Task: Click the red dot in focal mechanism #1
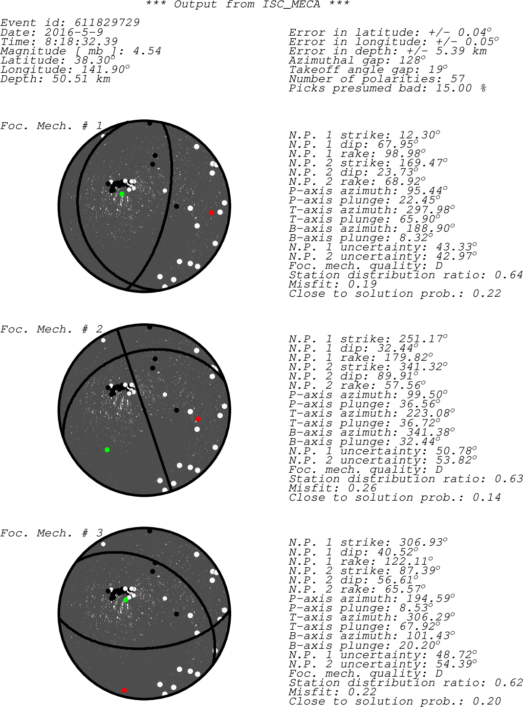pyautogui.click(x=211, y=213)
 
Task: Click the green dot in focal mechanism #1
pyautogui.click(x=122, y=194)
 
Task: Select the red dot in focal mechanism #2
pyautogui.click(x=198, y=419)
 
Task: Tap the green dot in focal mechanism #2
pyautogui.click(x=107, y=449)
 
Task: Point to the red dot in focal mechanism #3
pyautogui.click(x=124, y=690)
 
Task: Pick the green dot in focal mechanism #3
pyautogui.click(x=126, y=599)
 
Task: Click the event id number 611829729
pyautogui.click(x=107, y=22)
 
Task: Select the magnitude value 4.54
pyautogui.click(x=147, y=51)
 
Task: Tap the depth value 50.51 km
pyautogui.click(x=81, y=79)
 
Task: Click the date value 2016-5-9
pyautogui.click(x=74, y=32)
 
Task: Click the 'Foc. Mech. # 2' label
pyautogui.click(x=51, y=329)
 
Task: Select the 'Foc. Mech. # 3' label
pyautogui.click(x=51, y=533)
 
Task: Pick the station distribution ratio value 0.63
pyautogui.click(x=509, y=479)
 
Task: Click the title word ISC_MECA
pyautogui.click(x=291, y=4)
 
